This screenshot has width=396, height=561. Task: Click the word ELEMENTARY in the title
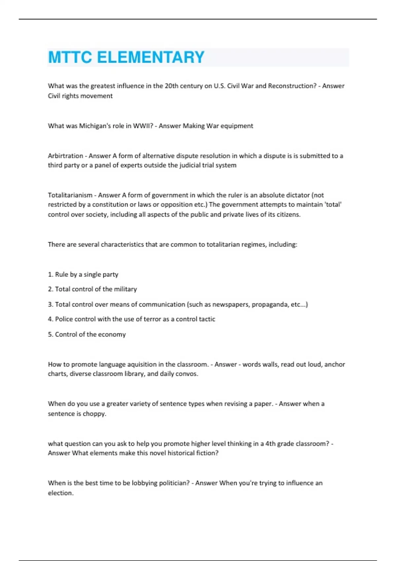[x=151, y=57]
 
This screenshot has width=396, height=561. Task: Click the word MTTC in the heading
[x=70, y=57]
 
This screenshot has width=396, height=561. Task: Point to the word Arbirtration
[x=65, y=156]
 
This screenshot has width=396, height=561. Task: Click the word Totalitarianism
[x=70, y=195]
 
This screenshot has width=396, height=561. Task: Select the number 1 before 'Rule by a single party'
[x=50, y=275]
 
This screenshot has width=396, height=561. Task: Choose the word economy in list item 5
[x=112, y=334]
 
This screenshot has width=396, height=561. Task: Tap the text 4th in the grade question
[x=270, y=444]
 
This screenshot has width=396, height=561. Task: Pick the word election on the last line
[x=60, y=493]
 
